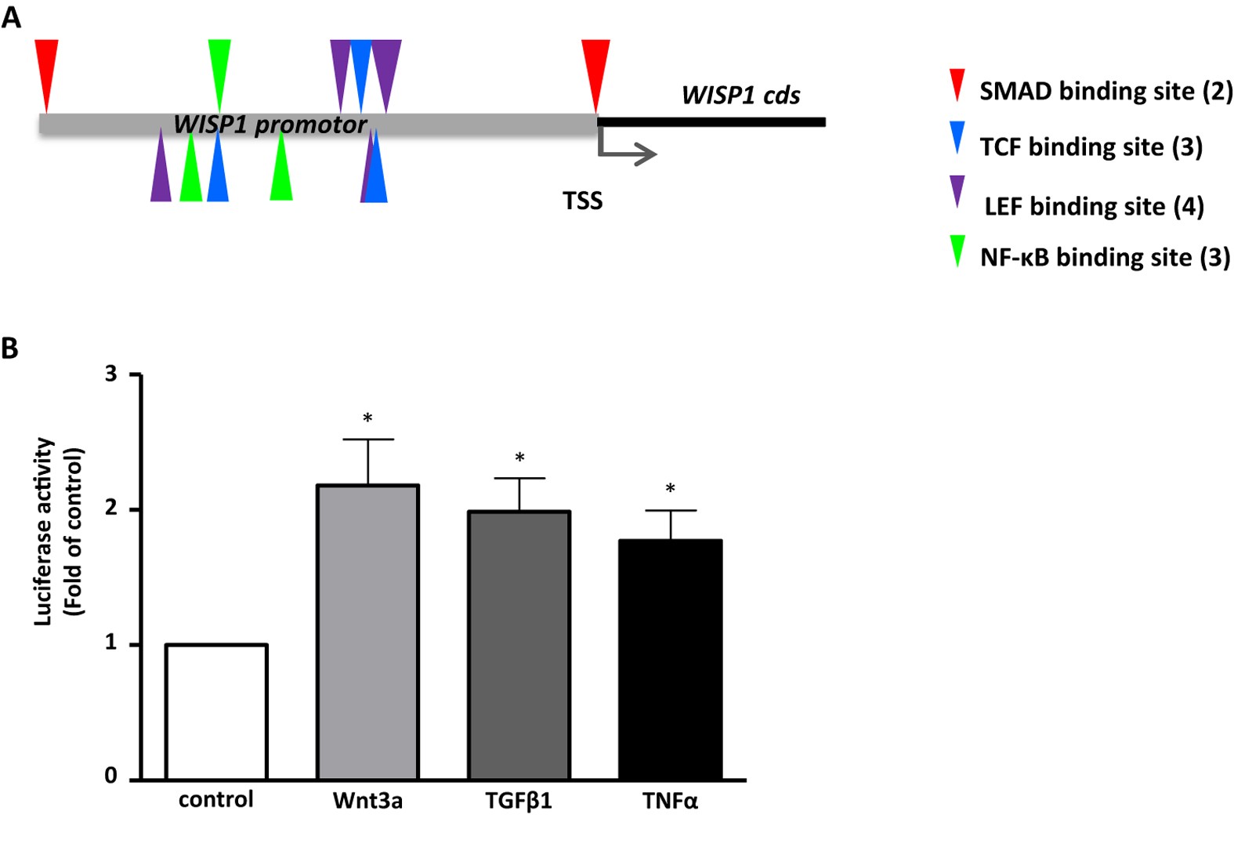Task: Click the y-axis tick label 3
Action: pyautogui.click(x=110, y=374)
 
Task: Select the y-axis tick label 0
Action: pyautogui.click(x=110, y=776)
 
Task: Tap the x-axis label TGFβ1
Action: pyautogui.click(x=519, y=801)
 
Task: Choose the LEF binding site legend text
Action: pyautogui.click(x=1093, y=206)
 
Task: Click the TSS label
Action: pyautogui.click(x=582, y=201)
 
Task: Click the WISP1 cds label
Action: pyautogui.click(x=740, y=96)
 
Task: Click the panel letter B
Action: pyautogui.click(x=9, y=348)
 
